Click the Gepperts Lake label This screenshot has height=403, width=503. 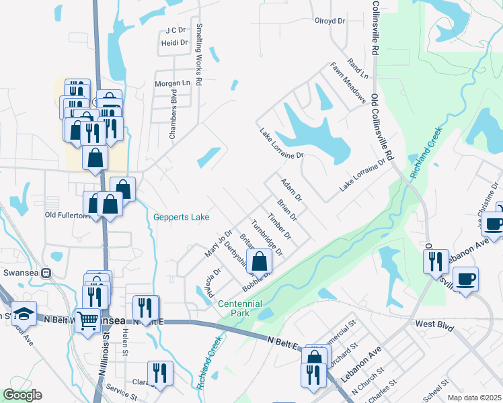181,217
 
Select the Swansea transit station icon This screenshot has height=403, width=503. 46,273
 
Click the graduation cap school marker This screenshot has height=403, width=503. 24,314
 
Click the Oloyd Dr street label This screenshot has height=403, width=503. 330,21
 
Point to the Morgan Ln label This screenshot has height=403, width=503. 173,83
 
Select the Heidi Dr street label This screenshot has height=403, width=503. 174,42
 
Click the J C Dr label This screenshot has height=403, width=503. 175,30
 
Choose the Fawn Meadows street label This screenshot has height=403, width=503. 348,83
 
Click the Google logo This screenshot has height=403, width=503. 22,395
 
